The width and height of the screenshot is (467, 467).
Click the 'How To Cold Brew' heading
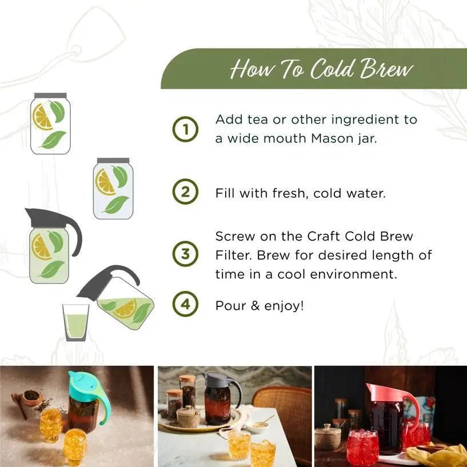(321, 69)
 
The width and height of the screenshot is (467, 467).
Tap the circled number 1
(185, 129)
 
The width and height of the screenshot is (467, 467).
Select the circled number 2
(185, 192)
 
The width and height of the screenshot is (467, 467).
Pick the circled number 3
(185, 254)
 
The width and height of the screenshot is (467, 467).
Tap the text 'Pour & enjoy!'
(260, 305)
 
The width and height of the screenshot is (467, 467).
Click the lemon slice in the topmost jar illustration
(43, 117)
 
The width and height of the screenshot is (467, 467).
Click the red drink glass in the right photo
(362, 447)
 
